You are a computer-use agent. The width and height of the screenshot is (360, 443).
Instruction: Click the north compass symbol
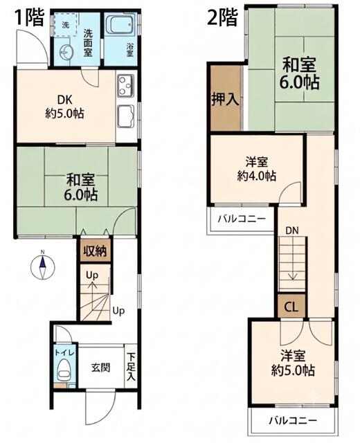pos(43,267)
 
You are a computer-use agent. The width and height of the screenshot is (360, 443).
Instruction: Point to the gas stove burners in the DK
pos(126,84)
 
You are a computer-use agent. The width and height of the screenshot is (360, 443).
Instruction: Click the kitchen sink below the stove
pos(126,116)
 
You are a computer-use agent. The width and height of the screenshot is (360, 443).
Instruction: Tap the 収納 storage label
pos(96,251)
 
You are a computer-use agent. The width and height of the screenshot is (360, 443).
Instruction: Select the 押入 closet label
pos(226,100)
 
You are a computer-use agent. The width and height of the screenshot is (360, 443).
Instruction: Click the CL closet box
pos(291,306)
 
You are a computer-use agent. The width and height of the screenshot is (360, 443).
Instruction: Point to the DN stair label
pos(292,230)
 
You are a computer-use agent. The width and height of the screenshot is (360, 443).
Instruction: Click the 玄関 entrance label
pos(101,368)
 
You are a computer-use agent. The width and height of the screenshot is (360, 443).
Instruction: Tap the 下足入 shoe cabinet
pos(131,366)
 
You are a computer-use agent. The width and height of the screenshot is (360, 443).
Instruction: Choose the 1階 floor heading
pos(30,17)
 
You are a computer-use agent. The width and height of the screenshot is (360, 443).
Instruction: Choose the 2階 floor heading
pos(222,17)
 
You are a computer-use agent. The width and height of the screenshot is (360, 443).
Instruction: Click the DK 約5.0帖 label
pos(64,107)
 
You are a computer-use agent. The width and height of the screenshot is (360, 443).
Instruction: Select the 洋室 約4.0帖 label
pos(257,169)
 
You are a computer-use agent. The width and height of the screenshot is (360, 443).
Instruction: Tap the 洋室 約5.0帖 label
pos(293,363)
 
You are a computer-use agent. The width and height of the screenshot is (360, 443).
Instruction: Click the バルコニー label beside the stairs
pos(242,219)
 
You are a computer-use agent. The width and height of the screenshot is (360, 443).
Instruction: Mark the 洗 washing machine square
pos(66,25)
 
